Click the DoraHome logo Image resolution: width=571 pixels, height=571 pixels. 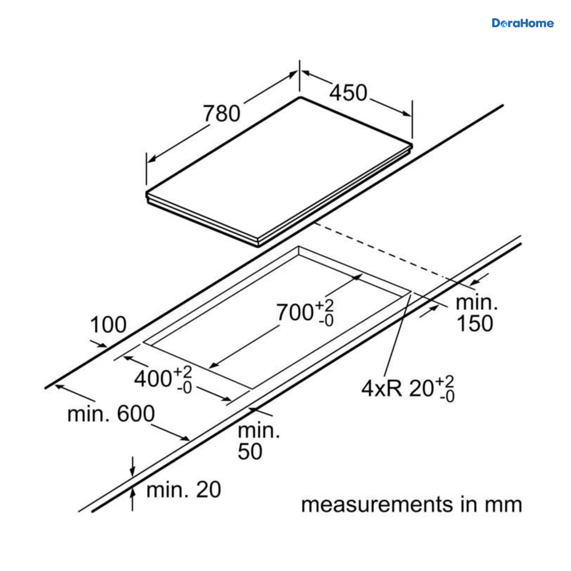pyautogui.click(x=522, y=23)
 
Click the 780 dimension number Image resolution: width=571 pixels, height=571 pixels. pyautogui.click(x=222, y=114)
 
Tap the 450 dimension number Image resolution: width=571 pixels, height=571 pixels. pyautogui.click(x=348, y=93)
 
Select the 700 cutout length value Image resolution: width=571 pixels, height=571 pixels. pyautogui.click(x=295, y=312)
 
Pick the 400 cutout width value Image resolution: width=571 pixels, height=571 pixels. pyautogui.click(x=153, y=378)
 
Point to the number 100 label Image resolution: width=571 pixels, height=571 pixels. pyautogui.click(x=108, y=325)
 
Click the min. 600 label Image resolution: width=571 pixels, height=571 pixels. pyautogui.click(x=111, y=414)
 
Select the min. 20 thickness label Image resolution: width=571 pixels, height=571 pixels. pyautogui.click(x=184, y=490)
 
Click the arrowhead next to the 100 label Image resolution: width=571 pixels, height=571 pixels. pyautogui.click(x=102, y=345)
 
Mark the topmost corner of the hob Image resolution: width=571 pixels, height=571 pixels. pyautogui.click(x=300, y=97)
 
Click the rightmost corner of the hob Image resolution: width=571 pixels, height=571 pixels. pyautogui.click(x=412, y=145)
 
